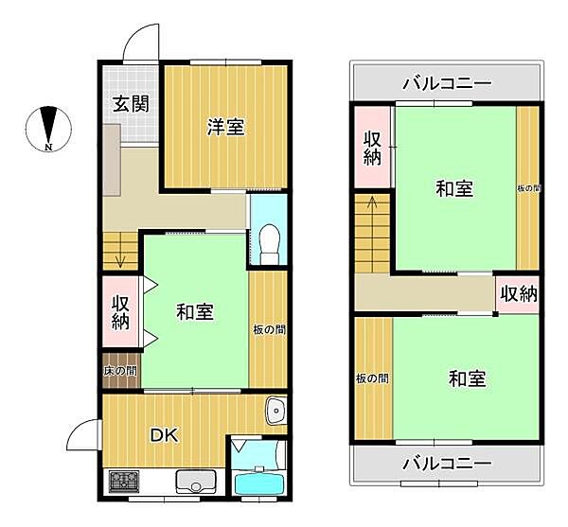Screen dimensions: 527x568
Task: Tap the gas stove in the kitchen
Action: pos(123,482)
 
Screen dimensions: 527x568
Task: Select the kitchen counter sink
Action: pos(193,482)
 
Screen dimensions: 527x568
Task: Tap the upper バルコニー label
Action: pos(446,83)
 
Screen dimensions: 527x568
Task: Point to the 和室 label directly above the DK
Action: pos(195,312)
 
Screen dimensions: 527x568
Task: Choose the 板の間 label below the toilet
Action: pos(268,330)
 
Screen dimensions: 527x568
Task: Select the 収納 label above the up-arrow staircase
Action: pos(372,148)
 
